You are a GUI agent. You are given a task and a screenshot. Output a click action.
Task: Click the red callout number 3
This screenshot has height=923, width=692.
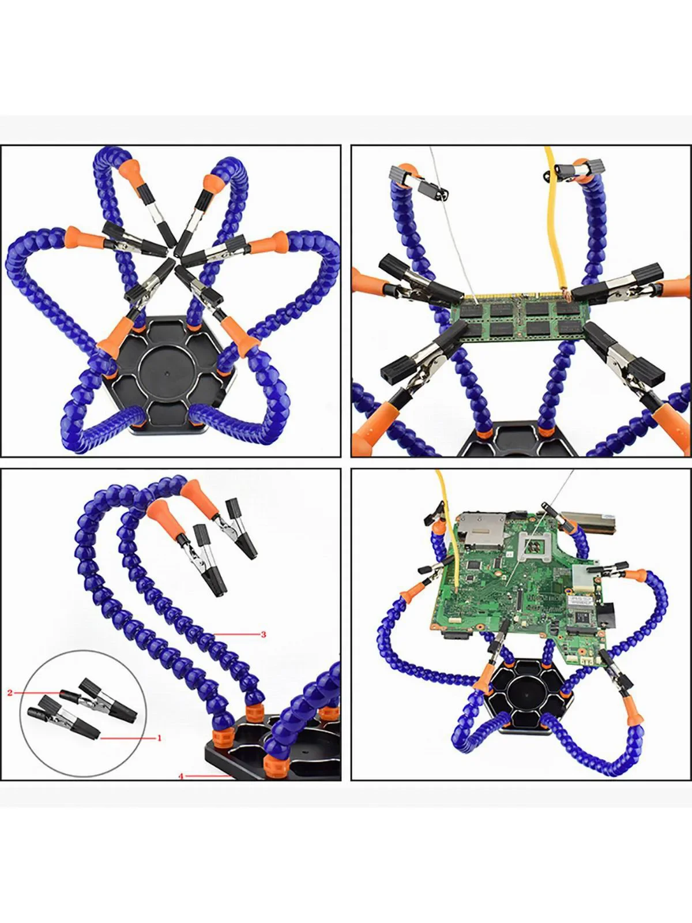click(264, 635)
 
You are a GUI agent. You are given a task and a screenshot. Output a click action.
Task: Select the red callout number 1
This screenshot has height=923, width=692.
click(159, 737)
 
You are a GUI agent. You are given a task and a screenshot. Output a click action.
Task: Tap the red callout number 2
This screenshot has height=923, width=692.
click(10, 692)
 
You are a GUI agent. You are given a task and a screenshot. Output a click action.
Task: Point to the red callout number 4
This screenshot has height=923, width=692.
click(181, 776)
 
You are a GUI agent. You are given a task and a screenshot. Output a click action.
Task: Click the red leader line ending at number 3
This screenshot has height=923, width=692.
click(236, 635)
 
